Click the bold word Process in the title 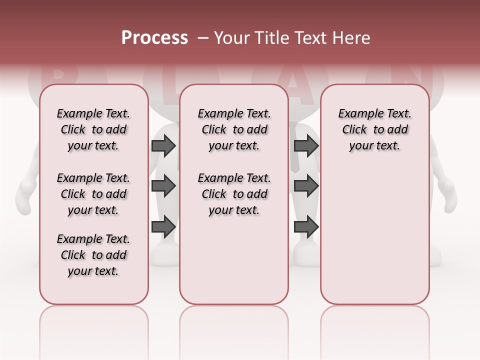pos(154,37)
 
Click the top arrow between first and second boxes pos(163,145)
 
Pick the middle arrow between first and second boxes pos(163,186)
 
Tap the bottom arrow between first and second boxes pos(163,226)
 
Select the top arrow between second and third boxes pos(306,145)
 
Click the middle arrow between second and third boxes pos(306,186)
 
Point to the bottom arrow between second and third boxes pos(306,226)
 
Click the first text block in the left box pos(93,129)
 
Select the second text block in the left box pos(93,194)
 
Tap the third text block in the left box pos(93,255)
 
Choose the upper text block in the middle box pos(234,129)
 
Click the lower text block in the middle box pos(234,194)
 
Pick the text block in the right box pos(374,129)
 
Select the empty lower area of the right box pos(374,230)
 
